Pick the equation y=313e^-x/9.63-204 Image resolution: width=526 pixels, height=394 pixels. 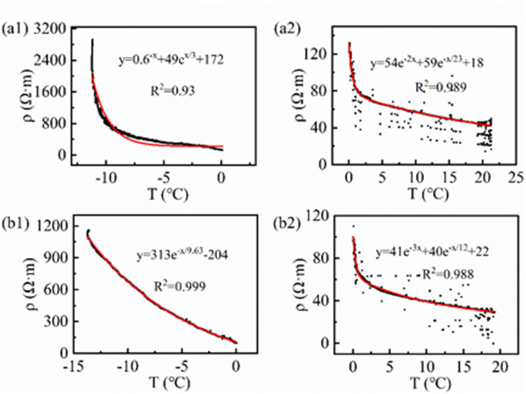182,255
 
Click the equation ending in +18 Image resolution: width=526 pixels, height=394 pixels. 427,64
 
